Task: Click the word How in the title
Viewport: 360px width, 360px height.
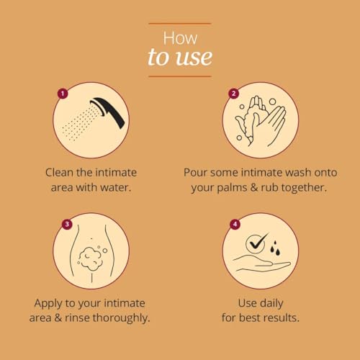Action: coord(180,38)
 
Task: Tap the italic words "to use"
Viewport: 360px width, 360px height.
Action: coord(180,57)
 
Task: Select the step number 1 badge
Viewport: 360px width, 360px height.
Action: coord(63,94)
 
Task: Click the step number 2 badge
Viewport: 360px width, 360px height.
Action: coord(233,94)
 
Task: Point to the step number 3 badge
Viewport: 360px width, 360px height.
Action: coord(67,224)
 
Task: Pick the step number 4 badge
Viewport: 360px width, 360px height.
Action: coord(235,224)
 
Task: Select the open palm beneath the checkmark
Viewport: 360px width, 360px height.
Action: coord(261,264)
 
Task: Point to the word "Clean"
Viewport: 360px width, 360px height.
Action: coord(59,172)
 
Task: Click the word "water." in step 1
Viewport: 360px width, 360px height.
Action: coord(116,187)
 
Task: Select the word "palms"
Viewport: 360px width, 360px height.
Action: coord(232,188)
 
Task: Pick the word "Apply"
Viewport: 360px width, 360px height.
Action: coord(48,304)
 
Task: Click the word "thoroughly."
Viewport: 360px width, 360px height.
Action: coord(121,318)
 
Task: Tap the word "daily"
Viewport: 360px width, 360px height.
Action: coord(271,303)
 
